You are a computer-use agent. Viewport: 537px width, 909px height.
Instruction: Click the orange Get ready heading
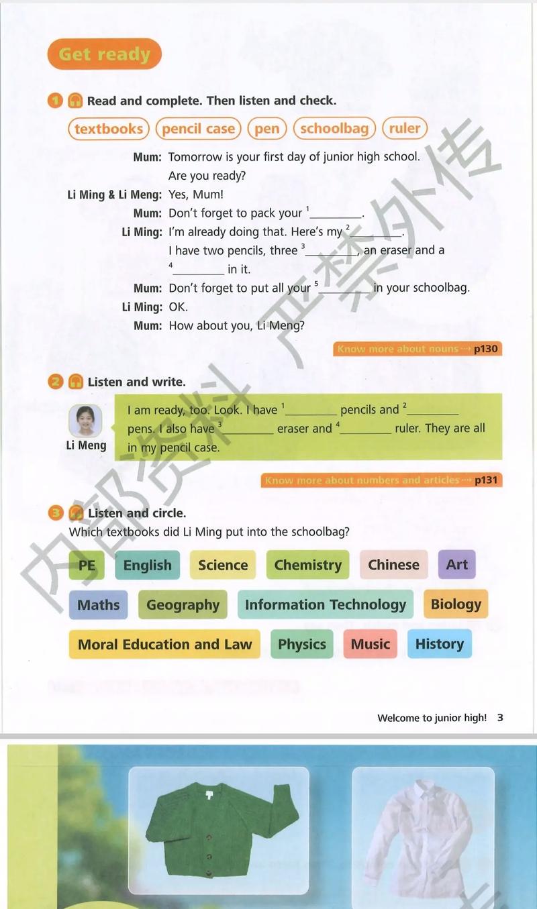(104, 54)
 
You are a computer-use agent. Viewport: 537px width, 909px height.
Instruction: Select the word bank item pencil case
(198, 128)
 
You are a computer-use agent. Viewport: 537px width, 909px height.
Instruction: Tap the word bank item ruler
(405, 127)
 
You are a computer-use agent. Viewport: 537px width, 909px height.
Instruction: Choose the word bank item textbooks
(109, 128)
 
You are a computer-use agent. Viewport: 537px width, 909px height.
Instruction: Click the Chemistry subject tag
(307, 565)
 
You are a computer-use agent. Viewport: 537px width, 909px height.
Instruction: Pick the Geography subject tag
(183, 604)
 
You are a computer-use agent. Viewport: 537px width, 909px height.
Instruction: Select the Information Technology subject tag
(326, 604)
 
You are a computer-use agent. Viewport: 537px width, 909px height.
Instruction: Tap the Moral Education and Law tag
(164, 644)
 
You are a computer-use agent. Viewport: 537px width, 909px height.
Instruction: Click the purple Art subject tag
(456, 564)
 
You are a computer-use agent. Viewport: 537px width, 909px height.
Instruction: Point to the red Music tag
(370, 644)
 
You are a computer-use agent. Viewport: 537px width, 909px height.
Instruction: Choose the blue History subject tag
(439, 644)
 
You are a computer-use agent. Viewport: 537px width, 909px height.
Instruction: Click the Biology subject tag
(456, 604)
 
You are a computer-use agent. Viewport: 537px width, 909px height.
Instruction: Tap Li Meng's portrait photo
(85, 421)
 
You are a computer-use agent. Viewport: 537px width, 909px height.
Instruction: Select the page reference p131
(486, 480)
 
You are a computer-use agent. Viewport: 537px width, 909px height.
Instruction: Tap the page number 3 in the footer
(500, 718)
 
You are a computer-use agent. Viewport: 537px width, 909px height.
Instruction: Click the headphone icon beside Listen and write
(76, 382)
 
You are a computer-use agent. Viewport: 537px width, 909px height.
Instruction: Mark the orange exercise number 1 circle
(55, 101)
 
